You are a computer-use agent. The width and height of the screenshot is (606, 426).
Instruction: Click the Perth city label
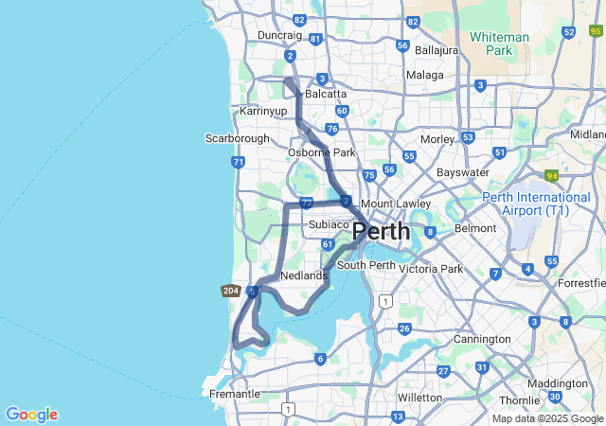click(x=381, y=231)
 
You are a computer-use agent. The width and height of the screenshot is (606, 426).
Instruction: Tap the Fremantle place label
click(x=234, y=394)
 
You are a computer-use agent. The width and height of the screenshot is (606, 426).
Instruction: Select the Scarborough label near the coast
click(x=238, y=138)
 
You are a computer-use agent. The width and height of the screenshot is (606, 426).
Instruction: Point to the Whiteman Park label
click(x=499, y=44)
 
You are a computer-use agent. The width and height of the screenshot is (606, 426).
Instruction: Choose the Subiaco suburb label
click(x=330, y=224)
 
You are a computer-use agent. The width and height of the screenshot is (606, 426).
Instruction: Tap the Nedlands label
click(x=304, y=275)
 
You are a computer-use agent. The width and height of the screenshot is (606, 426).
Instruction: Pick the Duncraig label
click(x=279, y=36)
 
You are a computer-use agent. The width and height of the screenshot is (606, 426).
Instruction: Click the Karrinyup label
click(x=263, y=112)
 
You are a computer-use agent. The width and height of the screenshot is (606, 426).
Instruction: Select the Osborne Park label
click(x=322, y=152)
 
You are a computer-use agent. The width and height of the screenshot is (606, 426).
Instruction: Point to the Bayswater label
click(x=463, y=173)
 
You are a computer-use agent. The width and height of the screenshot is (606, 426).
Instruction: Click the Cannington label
click(x=482, y=339)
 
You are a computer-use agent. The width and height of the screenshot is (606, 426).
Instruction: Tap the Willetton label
click(x=419, y=398)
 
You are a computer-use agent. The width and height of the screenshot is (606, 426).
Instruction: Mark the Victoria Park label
click(x=431, y=269)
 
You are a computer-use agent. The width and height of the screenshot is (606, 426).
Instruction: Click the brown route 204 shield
click(x=230, y=291)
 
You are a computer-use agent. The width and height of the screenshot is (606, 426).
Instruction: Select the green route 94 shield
click(x=552, y=176)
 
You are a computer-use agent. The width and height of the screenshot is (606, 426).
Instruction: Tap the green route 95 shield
click(x=595, y=31)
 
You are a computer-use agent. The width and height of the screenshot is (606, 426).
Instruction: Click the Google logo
click(x=31, y=415)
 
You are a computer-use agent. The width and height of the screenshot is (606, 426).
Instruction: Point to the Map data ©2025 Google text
click(x=547, y=418)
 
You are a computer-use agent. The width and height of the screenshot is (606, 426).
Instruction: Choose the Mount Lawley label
click(x=396, y=204)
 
